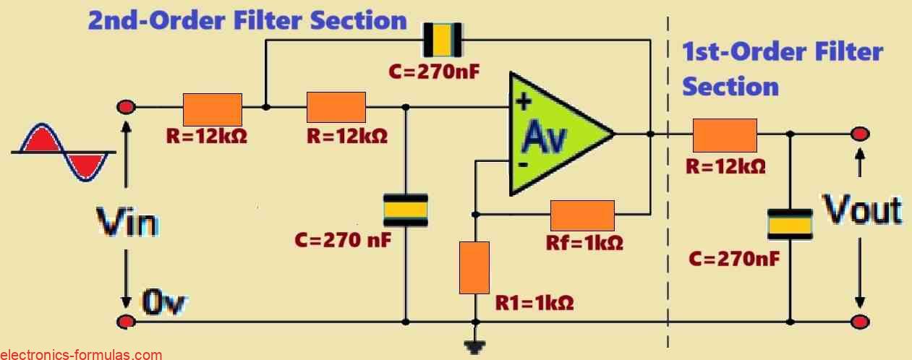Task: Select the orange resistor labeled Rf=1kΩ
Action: click(582, 215)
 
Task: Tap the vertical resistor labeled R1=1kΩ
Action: click(474, 267)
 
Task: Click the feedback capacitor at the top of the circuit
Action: click(442, 40)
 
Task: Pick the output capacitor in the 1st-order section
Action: click(789, 223)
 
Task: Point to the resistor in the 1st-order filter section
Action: click(725, 134)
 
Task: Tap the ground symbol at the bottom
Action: click(474, 348)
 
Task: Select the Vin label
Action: click(127, 224)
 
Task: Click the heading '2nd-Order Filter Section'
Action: click(247, 20)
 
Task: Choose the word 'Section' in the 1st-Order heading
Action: click(730, 87)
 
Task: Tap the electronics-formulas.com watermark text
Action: click(81, 354)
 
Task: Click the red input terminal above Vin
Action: click(126, 108)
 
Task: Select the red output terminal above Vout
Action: click(860, 134)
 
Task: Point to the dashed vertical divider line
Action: click(668, 181)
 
